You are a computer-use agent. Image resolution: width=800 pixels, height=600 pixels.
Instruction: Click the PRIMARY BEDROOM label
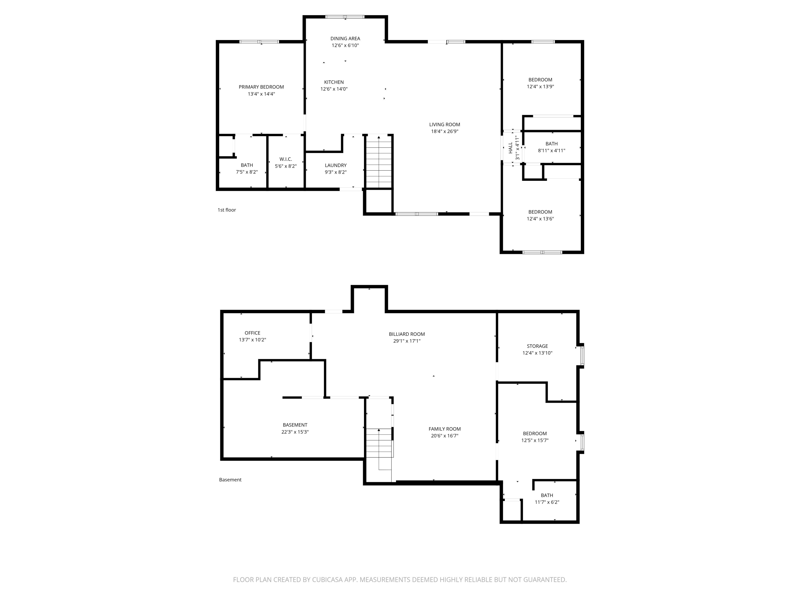coord(261,87)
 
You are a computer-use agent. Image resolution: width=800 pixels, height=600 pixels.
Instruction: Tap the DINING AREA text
coord(345,38)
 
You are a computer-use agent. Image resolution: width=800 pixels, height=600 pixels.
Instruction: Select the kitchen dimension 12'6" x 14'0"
coord(334,89)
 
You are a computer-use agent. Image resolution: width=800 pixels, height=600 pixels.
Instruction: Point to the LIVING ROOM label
coord(445,125)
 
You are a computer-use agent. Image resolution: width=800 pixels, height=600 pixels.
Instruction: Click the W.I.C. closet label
coord(285,159)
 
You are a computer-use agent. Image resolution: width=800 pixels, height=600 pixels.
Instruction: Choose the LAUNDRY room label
coord(336,165)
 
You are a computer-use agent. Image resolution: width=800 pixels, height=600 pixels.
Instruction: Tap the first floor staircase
coord(379,162)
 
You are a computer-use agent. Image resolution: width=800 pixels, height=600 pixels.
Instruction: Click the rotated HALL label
coord(510,147)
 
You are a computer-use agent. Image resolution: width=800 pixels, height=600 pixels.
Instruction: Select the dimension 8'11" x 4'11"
coord(551,150)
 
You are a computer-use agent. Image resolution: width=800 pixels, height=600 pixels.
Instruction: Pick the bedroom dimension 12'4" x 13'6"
coord(540,219)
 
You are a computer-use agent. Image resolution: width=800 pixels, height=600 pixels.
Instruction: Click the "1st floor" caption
coord(227,210)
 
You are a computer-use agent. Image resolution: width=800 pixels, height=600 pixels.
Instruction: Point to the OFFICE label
coord(253,333)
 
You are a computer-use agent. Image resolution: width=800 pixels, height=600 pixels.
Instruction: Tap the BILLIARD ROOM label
coord(407,334)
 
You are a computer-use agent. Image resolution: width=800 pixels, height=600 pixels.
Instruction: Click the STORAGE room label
coord(537,346)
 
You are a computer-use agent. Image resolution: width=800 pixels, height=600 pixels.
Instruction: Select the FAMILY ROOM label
coord(445,429)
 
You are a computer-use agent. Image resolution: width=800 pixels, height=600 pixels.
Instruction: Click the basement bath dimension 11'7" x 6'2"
coord(547,502)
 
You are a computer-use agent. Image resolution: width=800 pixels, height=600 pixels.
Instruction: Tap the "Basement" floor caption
coord(230,479)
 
